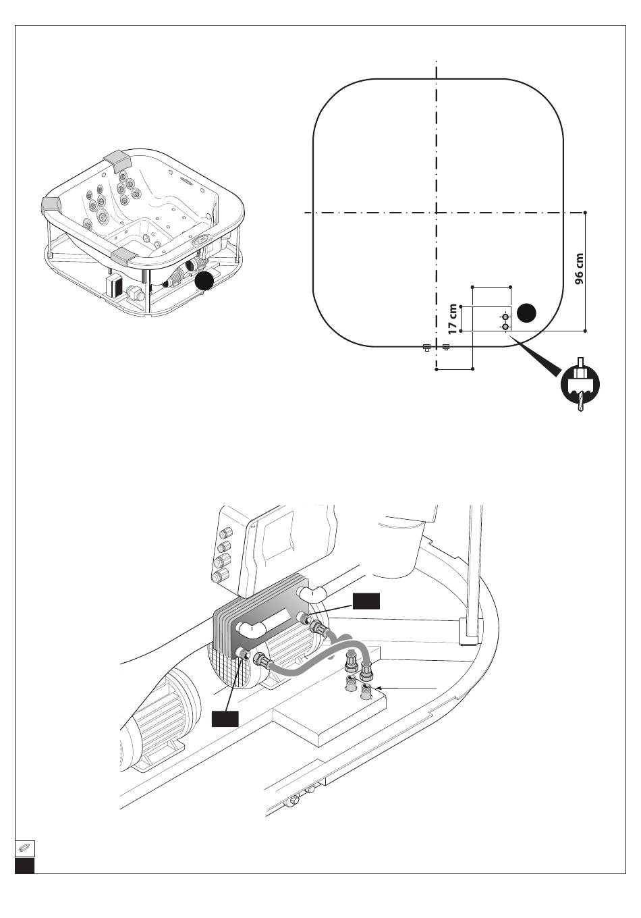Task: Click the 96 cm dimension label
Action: [x=580, y=270]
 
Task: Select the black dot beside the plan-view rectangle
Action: [x=528, y=313]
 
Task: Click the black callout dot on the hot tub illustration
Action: [x=205, y=281]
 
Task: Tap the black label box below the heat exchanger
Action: [x=225, y=719]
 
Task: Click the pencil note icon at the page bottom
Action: [x=25, y=848]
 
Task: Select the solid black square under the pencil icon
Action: [x=25, y=865]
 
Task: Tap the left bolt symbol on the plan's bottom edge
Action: [x=426, y=348]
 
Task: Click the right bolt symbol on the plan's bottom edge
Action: [x=446, y=348]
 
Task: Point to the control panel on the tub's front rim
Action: [x=201, y=241]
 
